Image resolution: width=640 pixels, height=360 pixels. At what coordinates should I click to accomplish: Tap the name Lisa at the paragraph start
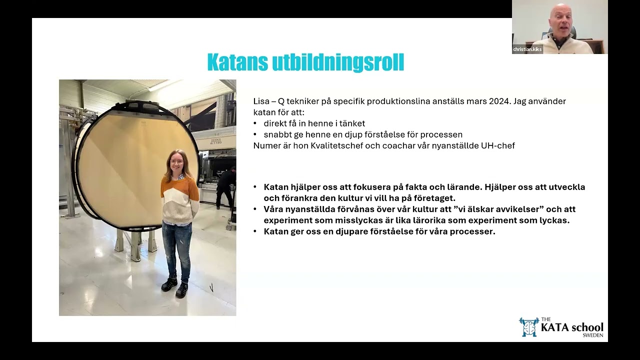point(261,101)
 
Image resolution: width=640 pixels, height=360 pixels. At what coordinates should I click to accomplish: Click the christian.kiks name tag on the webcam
point(527,49)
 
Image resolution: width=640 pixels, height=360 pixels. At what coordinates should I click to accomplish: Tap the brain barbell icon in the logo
point(528,326)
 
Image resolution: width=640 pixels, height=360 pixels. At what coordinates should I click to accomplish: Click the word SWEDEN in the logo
point(593,335)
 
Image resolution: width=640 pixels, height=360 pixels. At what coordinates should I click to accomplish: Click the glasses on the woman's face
point(176,161)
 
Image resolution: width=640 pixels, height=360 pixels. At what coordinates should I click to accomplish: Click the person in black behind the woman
point(225,187)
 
